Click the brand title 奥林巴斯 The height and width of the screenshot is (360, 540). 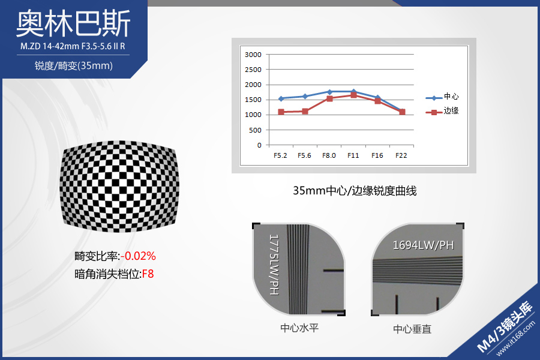coord(73,23)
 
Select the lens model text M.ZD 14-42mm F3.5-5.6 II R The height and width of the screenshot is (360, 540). coord(73,46)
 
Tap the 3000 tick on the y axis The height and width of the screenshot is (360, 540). coord(253,55)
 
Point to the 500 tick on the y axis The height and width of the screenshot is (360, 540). coord(256,130)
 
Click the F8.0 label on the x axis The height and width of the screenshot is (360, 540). coord(329,155)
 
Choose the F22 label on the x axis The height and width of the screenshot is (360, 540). coord(401,155)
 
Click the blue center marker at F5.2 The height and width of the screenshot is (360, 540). coord(281,98)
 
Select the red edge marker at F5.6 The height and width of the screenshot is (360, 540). coord(305,111)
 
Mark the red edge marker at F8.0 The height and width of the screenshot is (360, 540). coord(329,98)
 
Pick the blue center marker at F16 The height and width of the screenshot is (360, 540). coord(378,97)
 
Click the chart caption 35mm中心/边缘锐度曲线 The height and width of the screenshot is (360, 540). coord(355,191)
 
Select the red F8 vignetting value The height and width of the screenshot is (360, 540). coord(148,274)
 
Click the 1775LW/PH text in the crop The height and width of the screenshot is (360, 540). coord(274,265)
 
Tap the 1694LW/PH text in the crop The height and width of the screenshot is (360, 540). coord(423,245)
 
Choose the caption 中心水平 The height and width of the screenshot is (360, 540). coord(299,328)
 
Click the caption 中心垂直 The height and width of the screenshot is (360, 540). coord(412,329)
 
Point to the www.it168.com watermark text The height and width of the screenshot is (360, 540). coord(515,338)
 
